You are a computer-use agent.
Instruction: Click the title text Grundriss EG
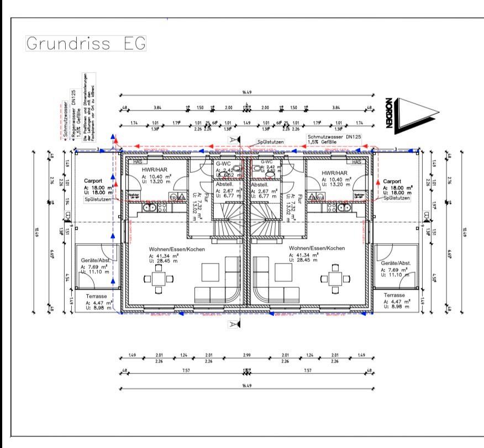pyautogui.click(x=86, y=44)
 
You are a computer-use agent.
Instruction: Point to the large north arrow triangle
pyautogui.click(x=417, y=114)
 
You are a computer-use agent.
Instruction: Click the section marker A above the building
pyautogui.click(x=234, y=139)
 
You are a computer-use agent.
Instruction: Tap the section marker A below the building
pyautogui.click(x=234, y=324)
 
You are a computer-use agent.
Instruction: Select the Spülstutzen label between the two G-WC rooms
pyautogui.click(x=267, y=142)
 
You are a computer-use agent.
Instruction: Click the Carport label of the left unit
pyautogui.click(x=94, y=181)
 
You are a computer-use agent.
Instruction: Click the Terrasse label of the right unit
pyautogui.click(x=394, y=296)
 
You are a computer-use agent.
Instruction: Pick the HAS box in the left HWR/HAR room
pyautogui.click(x=135, y=161)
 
